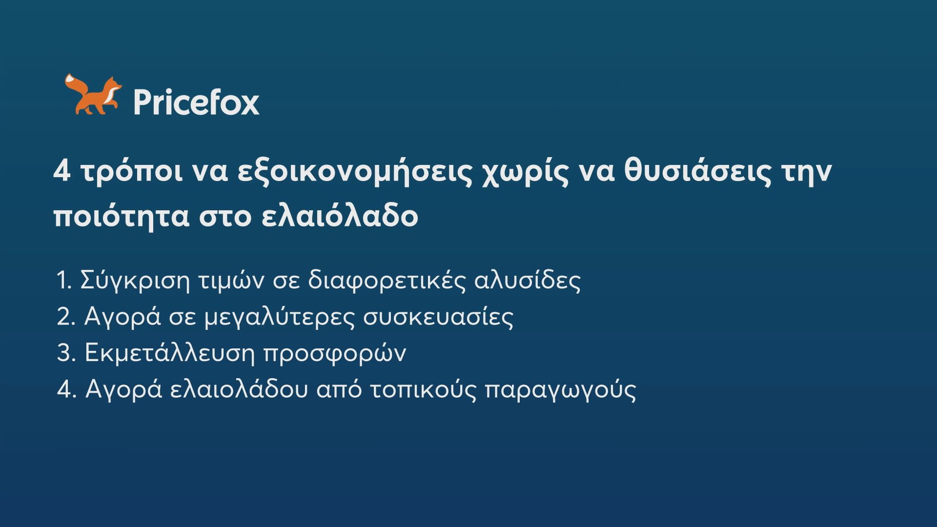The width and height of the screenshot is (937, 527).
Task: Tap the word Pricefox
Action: [x=196, y=102]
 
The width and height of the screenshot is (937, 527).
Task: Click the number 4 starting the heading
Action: [x=62, y=171]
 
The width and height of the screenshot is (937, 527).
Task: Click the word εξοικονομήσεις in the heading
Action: [x=355, y=174]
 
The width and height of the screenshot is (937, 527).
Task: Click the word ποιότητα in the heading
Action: [x=121, y=217]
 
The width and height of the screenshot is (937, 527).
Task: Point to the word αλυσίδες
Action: [x=528, y=281]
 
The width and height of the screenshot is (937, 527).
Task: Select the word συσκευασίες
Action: [x=438, y=318]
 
